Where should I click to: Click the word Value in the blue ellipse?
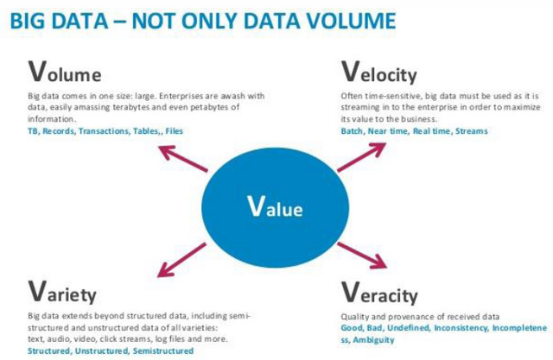point(275,206)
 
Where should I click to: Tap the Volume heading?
point(65,72)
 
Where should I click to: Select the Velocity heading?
point(379,73)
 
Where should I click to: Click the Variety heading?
point(62,293)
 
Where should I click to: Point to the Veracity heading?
point(379,293)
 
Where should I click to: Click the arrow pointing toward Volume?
point(183,159)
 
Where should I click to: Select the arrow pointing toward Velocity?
point(361,157)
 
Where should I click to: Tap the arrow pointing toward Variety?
point(181,260)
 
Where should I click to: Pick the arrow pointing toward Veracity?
point(362,255)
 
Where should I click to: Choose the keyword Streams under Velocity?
point(472,131)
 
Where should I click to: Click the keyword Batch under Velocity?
point(352,131)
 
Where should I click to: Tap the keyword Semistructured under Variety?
point(163,351)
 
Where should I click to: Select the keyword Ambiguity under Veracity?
point(374,340)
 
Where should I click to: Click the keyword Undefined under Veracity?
point(409,328)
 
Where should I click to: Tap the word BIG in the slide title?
point(28,21)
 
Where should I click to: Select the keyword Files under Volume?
point(175,131)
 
